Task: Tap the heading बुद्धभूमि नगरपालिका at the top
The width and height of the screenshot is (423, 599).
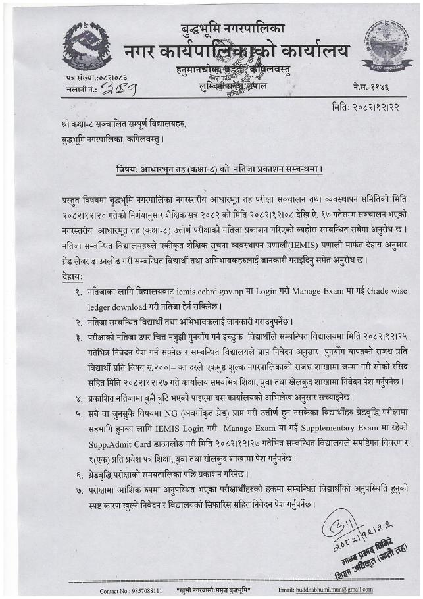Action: click(233, 29)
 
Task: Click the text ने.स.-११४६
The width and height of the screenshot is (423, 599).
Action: click(373, 88)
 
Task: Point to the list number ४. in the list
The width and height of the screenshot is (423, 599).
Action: click(79, 398)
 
